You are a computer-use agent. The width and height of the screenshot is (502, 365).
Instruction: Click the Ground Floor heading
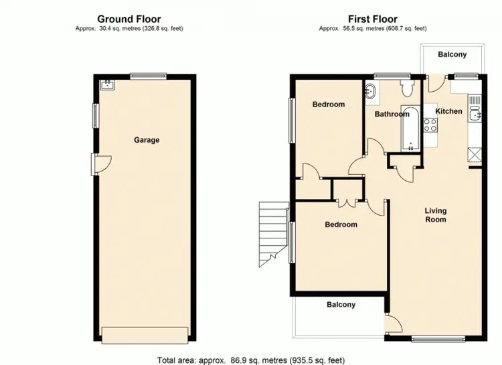click(x=129, y=19)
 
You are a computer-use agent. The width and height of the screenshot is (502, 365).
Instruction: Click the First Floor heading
click(x=372, y=19)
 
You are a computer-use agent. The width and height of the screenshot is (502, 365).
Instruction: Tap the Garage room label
click(x=147, y=140)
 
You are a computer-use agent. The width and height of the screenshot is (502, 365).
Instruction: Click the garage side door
click(x=101, y=162)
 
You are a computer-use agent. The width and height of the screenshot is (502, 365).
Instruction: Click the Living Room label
click(x=435, y=215)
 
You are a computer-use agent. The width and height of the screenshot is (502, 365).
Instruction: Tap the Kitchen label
click(x=448, y=111)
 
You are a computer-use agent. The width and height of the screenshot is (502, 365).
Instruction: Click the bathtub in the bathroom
click(x=410, y=128)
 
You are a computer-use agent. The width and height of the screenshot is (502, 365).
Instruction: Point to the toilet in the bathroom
click(x=406, y=90)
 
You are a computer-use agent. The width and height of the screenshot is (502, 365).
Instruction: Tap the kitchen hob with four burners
click(x=430, y=125)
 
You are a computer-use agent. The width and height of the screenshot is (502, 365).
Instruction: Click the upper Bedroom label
click(x=329, y=104)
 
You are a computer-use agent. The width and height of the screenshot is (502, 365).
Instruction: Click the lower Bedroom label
click(x=341, y=225)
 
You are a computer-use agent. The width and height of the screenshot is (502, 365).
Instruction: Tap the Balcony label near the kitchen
click(x=452, y=55)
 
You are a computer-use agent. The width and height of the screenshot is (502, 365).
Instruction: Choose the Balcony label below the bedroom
click(x=341, y=305)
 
